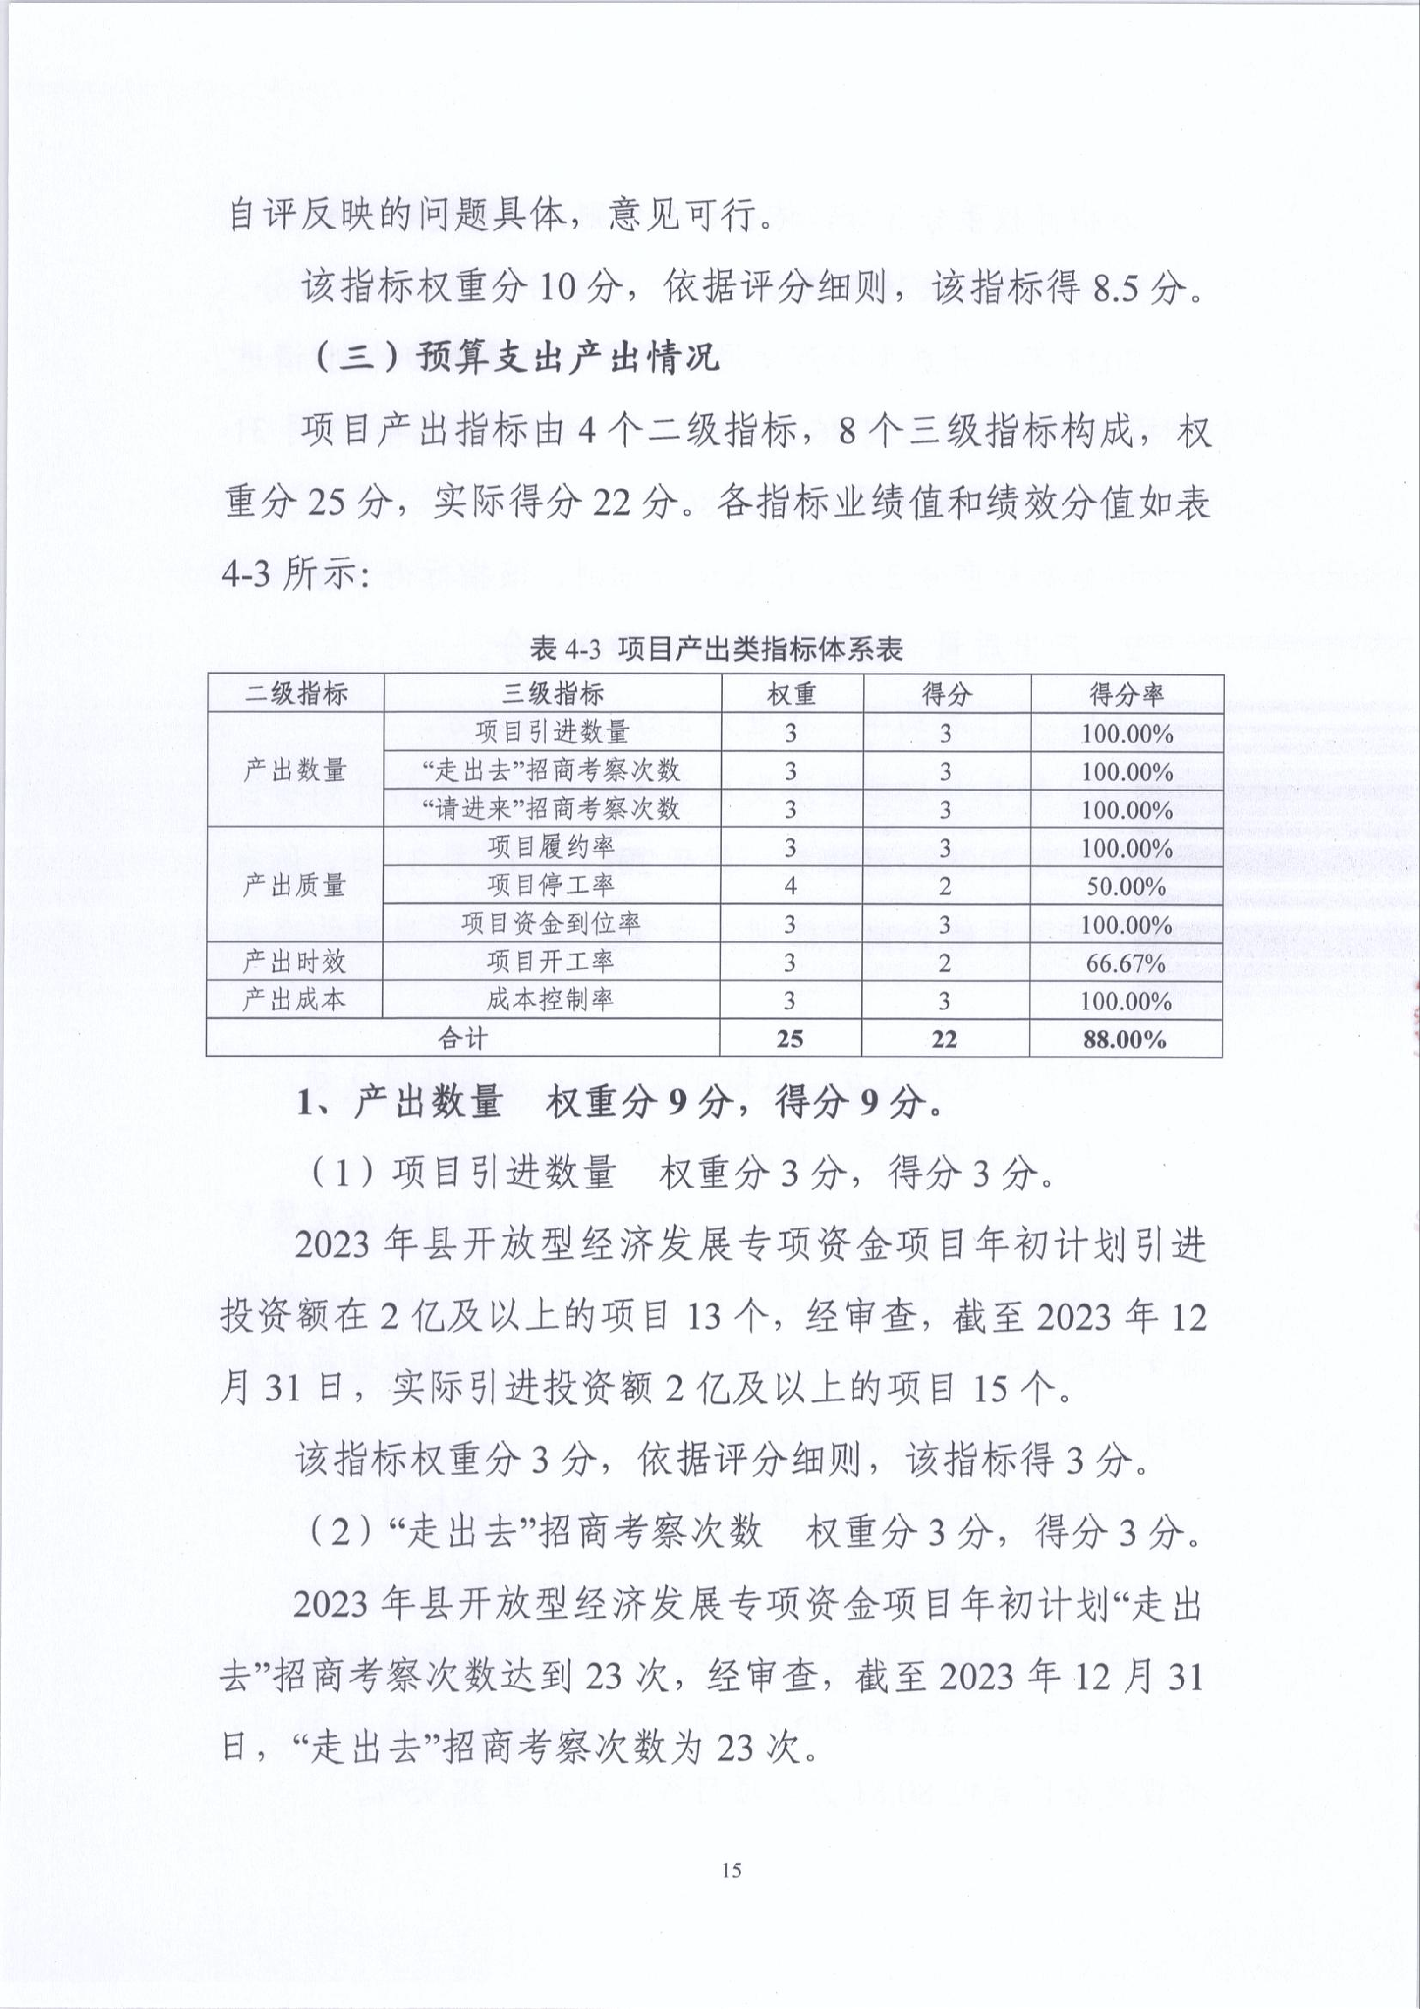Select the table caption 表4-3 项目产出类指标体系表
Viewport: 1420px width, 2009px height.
[716, 649]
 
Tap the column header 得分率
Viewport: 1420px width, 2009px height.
[1126, 694]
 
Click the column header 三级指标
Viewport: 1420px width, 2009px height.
[552, 694]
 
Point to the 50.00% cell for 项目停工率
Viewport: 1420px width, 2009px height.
[1126, 886]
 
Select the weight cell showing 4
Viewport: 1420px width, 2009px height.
[790, 886]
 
